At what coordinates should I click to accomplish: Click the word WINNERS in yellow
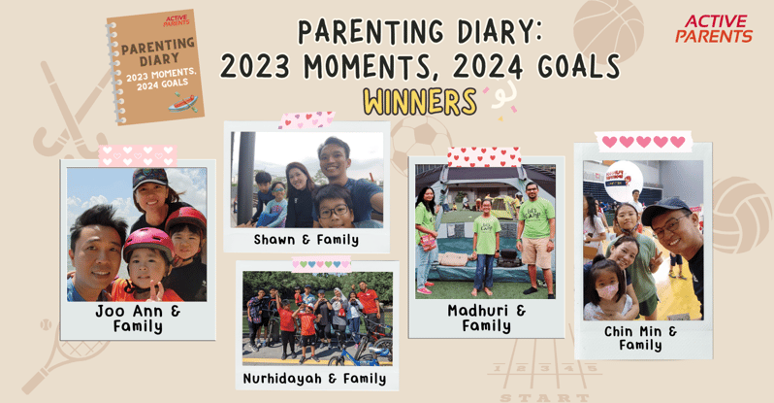point(419,101)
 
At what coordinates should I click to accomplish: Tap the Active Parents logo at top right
point(713,29)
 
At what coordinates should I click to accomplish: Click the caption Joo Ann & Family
point(138,318)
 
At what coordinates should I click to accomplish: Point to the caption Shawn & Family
point(306,240)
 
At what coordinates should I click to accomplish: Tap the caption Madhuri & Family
point(487,318)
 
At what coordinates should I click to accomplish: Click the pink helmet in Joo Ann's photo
point(146,243)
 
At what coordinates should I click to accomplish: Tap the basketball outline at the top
point(608,27)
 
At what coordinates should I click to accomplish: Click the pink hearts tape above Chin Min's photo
point(643,142)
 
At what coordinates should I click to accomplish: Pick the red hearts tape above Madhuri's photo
point(483,156)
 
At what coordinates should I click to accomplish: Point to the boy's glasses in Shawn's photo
point(333,211)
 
